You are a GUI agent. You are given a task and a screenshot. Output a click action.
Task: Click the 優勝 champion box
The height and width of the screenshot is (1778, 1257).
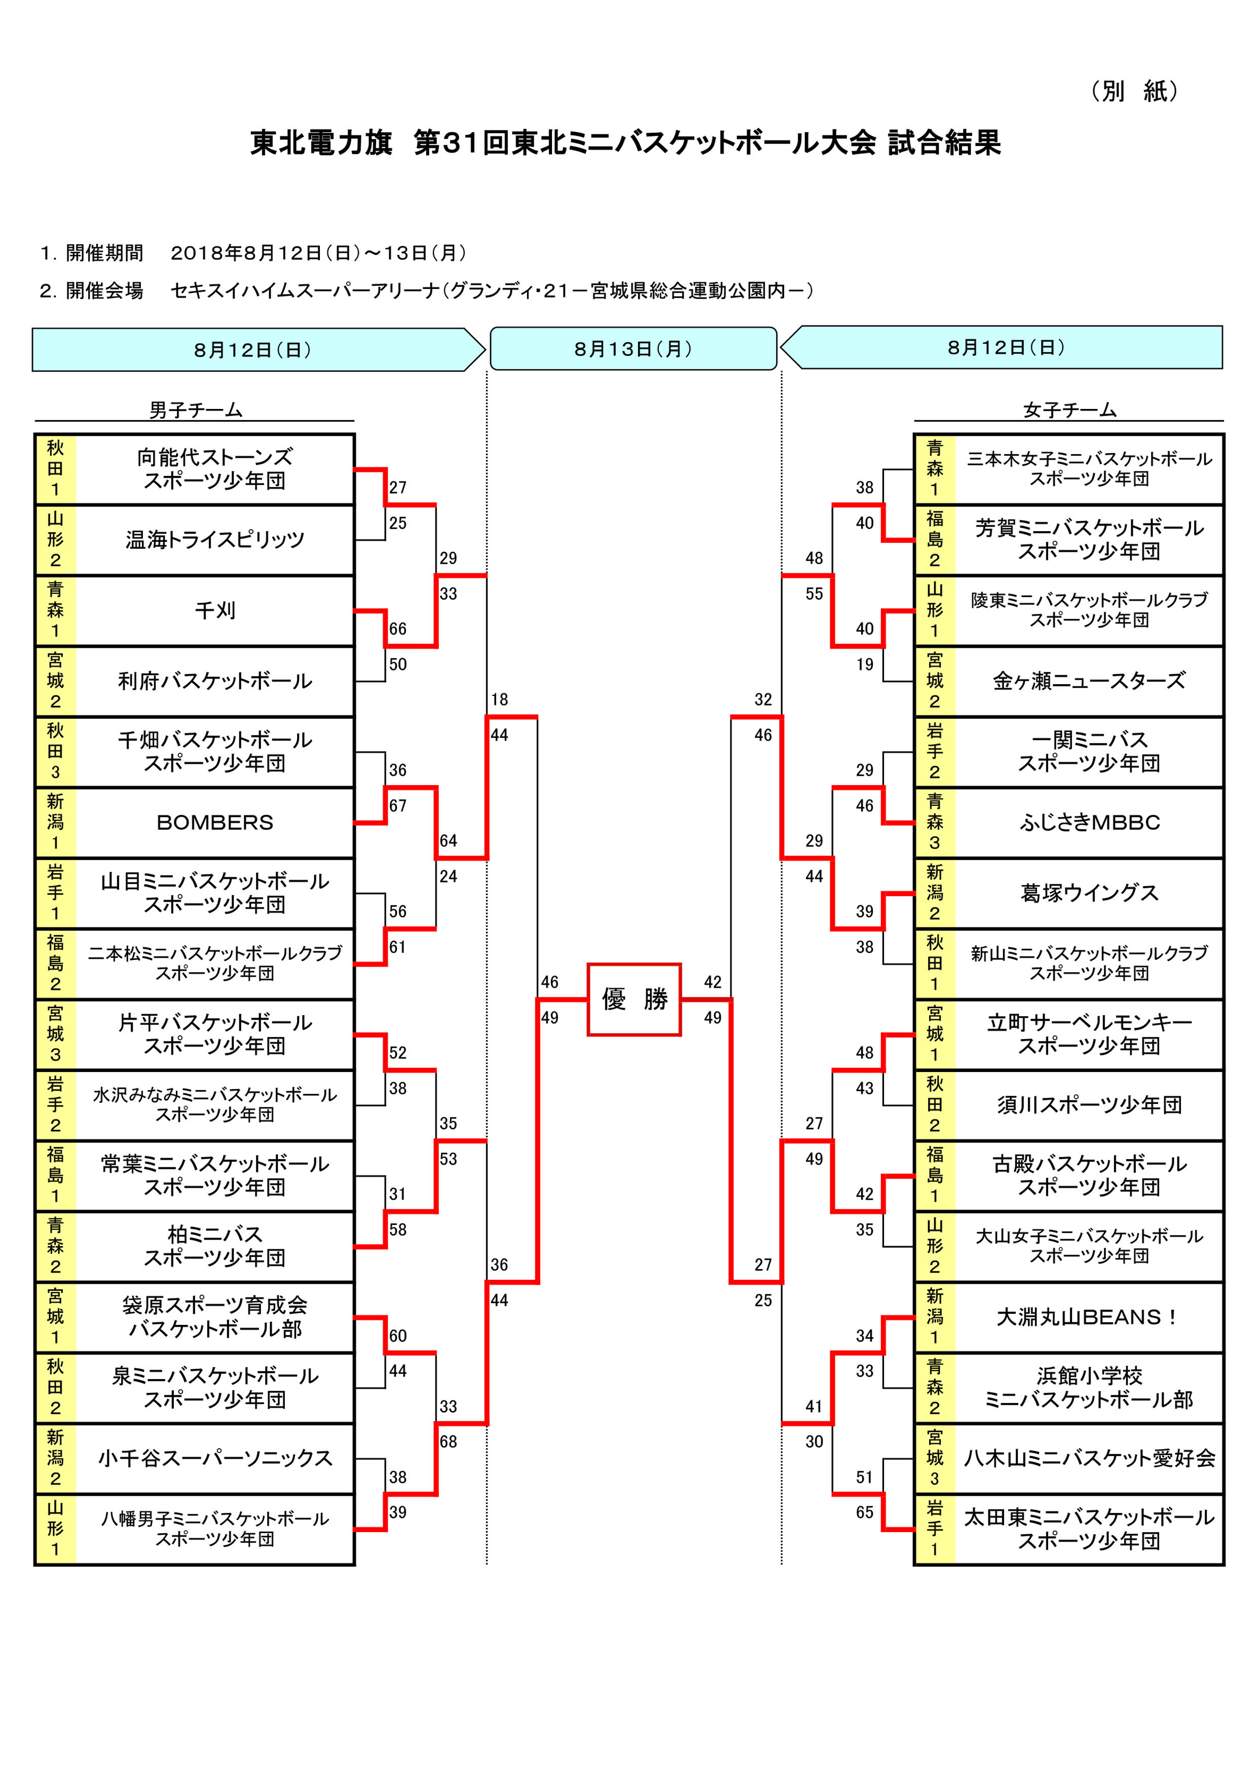(x=634, y=999)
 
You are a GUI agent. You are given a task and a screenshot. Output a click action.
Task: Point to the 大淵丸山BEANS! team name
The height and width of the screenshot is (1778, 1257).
(x=1087, y=1316)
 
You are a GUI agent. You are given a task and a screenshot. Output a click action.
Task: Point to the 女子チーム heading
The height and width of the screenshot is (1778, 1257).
(x=1069, y=410)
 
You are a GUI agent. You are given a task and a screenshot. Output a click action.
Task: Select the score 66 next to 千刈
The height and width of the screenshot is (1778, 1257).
(x=397, y=629)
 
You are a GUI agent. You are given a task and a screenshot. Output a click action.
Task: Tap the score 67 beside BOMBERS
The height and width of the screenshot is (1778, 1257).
(x=397, y=805)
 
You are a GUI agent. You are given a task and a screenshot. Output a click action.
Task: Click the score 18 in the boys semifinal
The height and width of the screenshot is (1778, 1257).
(x=500, y=699)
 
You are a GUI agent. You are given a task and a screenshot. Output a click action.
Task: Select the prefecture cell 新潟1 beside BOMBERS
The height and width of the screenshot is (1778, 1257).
(x=55, y=823)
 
